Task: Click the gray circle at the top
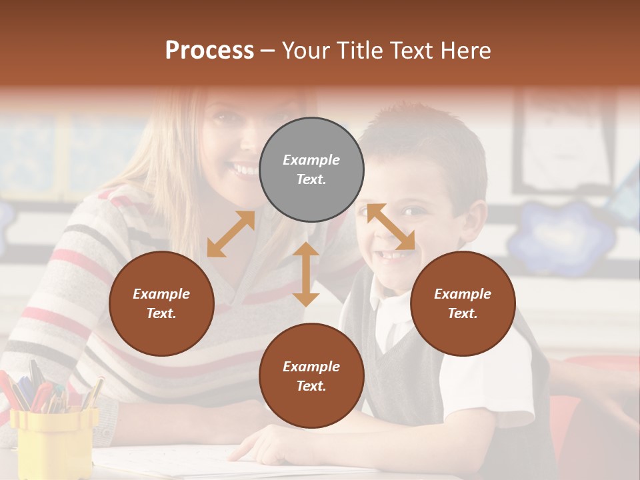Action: click(311, 170)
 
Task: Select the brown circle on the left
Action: click(161, 303)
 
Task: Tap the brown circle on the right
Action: click(463, 303)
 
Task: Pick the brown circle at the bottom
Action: click(311, 376)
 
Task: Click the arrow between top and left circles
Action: click(231, 234)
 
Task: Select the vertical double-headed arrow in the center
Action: click(306, 274)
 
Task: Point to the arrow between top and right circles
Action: click(391, 227)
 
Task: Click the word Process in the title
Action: click(209, 50)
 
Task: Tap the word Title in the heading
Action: click(359, 50)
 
